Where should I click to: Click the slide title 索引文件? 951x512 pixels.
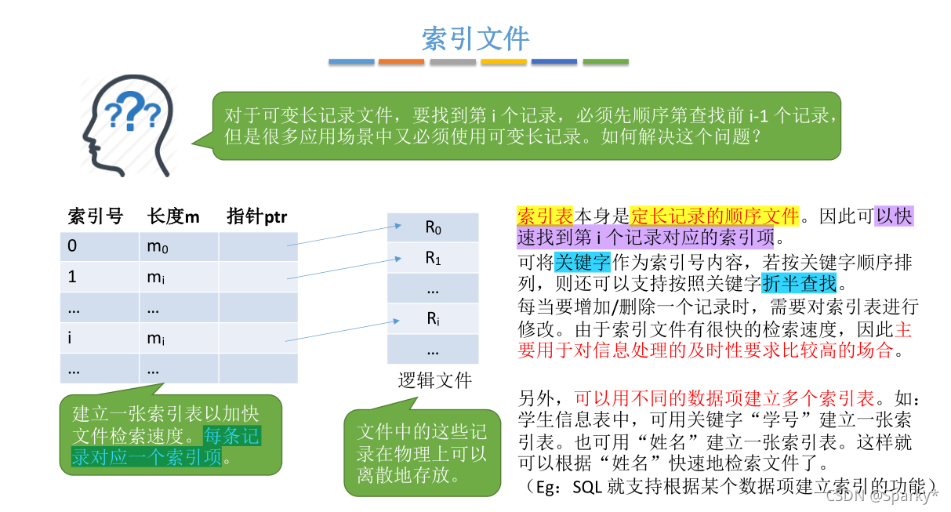tap(475, 38)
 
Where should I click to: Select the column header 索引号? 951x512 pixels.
tap(96, 216)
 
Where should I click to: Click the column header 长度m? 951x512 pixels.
tap(173, 216)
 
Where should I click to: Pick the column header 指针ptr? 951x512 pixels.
tap(256, 216)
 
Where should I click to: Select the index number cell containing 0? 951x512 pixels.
tap(100, 246)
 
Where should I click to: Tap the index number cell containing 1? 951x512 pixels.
tap(100, 277)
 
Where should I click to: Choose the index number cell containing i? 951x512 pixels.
tap(100, 338)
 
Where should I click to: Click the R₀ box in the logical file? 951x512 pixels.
tap(433, 227)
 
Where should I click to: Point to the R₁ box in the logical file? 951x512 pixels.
tap(433, 258)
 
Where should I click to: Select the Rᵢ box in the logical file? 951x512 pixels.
tap(433, 318)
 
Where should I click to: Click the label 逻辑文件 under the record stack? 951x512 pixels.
tap(434, 381)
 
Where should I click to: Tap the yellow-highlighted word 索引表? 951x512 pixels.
tap(545, 216)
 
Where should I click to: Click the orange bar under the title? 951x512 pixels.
tap(401, 61)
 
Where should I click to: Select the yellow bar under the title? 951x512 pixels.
tap(503, 61)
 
